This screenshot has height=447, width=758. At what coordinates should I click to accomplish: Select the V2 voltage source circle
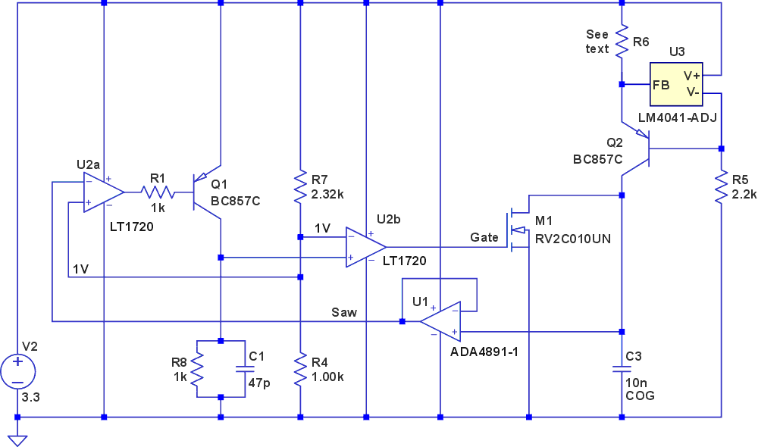[x=17, y=371]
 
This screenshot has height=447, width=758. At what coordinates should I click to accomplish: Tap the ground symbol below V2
[x=17, y=439]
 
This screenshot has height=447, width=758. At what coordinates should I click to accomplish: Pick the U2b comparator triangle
[x=365, y=246]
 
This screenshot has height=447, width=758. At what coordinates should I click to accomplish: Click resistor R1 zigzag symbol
[x=158, y=192]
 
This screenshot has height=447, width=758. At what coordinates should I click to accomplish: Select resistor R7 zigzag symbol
[x=301, y=186]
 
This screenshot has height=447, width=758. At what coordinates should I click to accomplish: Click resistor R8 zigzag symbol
[x=196, y=368]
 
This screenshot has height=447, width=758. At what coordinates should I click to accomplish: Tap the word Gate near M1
[x=484, y=238]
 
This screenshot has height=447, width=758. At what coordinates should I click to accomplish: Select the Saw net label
[x=344, y=312]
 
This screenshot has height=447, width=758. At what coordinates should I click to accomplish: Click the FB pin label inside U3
[x=661, y=84]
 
